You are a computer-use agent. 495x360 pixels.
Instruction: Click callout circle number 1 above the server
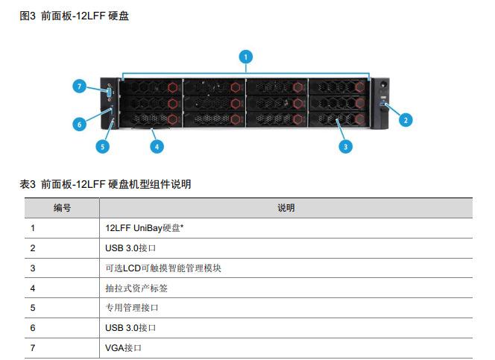point(246,56)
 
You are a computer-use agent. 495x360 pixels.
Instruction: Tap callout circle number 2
point(406,119)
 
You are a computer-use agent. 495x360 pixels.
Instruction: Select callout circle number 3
point(345,146)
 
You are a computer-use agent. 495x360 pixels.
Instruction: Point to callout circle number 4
point(157,146)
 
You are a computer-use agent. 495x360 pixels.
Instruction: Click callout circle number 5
point(103,146)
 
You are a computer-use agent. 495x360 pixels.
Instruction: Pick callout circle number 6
point(78,124)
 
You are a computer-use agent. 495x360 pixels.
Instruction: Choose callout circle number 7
point(80,86)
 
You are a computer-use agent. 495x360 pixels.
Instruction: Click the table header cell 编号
point(62,208)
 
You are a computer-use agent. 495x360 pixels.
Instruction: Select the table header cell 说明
point(286,208)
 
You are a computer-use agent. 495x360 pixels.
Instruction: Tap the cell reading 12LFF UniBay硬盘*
point(145,228)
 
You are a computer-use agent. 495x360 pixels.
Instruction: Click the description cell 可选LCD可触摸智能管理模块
point(163,268)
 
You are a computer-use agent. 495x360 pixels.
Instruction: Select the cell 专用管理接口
point(132,308)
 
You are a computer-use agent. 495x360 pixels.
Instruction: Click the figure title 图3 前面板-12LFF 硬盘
point(74,16)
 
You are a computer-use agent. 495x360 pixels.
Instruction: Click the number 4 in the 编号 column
point(33,288)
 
